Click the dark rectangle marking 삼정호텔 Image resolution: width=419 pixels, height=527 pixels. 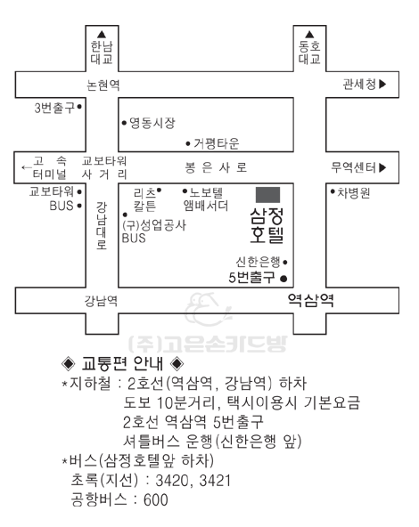pos(267,195)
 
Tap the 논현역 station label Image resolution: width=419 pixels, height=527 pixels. pos(103,85)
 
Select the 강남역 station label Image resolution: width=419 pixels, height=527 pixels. pos(101,301)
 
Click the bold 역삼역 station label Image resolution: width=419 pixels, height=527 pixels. pos(310,300)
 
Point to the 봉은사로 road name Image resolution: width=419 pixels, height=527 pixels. pos(216,167)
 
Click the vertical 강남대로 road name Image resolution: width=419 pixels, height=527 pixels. pos(102,225)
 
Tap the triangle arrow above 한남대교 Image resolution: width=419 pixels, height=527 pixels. pos(102,35)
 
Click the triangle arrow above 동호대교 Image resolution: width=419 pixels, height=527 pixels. pos(309,35)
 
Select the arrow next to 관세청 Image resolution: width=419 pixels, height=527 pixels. pos(382,84)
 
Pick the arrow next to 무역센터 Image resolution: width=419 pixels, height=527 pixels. pos(382,167)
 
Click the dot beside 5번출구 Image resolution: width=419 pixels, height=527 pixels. pos(283,279)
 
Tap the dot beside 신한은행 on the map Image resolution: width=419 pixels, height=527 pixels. pos(285,262)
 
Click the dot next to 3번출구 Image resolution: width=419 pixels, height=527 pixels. pos(79,107)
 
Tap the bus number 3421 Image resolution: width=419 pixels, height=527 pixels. pos(215,481)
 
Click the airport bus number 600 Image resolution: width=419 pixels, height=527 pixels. pos(155,499)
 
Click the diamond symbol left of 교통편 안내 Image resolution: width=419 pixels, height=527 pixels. pos(69,363)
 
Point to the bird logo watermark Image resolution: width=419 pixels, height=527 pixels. pos(208,309)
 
